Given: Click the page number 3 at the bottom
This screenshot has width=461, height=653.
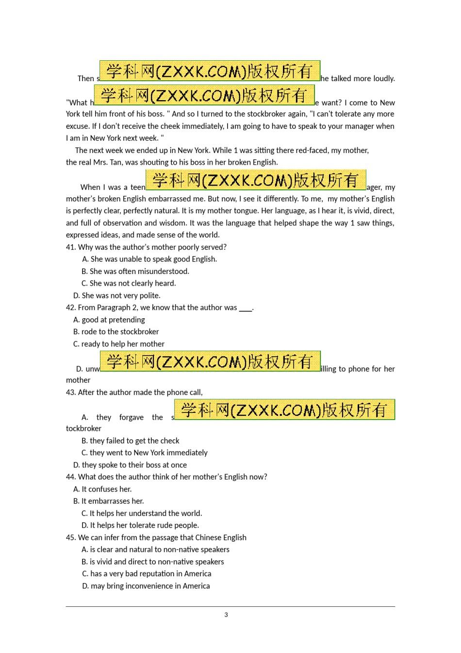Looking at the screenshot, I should [x=226, y=615].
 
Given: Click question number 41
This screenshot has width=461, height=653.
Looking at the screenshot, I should [x=71, y=247].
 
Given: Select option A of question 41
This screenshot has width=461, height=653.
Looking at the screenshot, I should [x=149, y=259].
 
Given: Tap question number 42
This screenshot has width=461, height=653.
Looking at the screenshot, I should [x=71, y=308].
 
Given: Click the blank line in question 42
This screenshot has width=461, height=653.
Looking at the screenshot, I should [x=246, y=309].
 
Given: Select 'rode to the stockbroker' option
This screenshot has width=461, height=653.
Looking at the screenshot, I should [x=116, y=332].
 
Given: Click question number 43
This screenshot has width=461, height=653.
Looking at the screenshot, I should [x=71, y=393].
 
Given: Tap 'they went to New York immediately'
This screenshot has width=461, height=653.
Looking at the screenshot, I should [x=144, y=453].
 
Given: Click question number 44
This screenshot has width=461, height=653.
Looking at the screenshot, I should [x=71, y=477].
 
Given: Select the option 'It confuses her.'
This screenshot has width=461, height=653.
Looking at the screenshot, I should [x=102, y=489].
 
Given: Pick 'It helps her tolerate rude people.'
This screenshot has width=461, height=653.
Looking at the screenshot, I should [x=140, y=525].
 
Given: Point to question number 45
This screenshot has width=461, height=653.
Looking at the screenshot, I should [x=71, y=537].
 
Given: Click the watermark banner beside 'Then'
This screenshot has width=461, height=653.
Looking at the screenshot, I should [x=210, y=71].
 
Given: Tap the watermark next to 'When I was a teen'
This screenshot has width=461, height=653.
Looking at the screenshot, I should [x=256, y=180].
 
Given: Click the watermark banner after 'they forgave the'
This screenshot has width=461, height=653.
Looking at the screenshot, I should [x=284, y=410].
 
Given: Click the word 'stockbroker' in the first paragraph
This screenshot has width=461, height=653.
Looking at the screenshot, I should [x=253, y=114].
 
